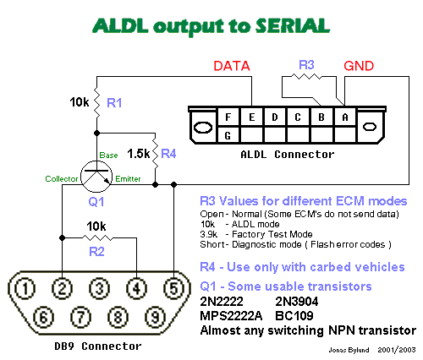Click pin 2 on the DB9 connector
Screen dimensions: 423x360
(62, 288)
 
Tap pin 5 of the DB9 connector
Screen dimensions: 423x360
(173, 288)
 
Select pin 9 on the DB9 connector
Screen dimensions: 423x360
(155, 317)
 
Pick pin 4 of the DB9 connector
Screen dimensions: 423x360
(136, 288)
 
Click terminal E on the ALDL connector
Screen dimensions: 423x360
(252, 117)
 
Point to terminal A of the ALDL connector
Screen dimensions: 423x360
(345, 117)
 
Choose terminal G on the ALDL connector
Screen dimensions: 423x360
(228, 135)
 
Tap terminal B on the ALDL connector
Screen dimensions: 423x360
(321, 117)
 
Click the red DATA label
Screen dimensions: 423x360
(232, 66)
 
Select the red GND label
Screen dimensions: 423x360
(359, 66)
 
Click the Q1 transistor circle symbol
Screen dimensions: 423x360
(96, 177)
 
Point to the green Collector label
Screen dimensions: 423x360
(62, 179)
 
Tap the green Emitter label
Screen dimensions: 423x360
(128, 179)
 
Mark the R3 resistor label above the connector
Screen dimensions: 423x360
(306, 65)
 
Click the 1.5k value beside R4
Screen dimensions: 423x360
(139, 154)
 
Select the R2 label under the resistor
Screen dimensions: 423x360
(96, 252)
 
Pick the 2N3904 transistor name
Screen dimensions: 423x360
(297, 302)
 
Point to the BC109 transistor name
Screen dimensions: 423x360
(294, 316)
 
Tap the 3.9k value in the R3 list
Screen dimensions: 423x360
(209, 234)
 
